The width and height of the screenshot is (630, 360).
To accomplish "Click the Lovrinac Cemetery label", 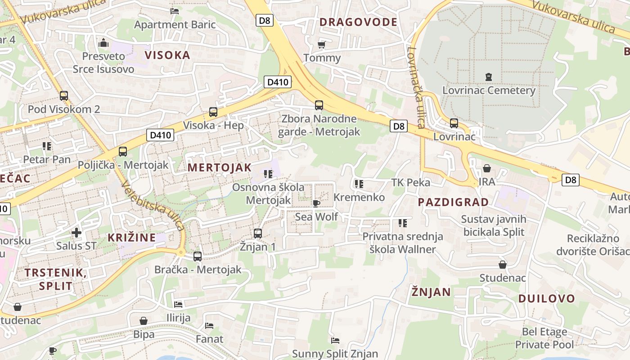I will (x=489, y=90).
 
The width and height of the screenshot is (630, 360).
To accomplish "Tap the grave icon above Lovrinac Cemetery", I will (x=489, y=77).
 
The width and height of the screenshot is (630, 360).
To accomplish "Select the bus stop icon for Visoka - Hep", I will (x=213, y=112).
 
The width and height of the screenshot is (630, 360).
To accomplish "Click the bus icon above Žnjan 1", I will (x=257, y=234).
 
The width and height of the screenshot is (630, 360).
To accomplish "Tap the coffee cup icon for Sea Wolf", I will (x=316, y=203).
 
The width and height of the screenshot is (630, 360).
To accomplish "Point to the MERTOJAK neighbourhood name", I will (x=220, y=167).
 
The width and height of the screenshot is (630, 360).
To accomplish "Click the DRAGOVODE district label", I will (x=358, y=22).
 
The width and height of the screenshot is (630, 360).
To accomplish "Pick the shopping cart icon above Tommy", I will (x=321, y=45).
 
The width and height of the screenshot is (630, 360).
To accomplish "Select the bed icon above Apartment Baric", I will (x=175, y=11).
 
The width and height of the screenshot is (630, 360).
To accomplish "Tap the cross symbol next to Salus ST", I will (x=76, y=233).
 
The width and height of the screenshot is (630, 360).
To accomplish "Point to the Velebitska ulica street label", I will (x=153, y=205).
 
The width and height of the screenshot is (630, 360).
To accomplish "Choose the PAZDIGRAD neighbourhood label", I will (x=453, y=202).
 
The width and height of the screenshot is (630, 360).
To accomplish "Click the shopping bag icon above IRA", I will (x=486, y=169).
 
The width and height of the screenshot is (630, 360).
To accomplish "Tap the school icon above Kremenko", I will (x=359, y=184).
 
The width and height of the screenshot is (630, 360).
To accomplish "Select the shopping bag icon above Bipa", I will (x=144, y=321).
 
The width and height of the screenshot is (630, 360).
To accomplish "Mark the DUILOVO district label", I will (x=546, y=298).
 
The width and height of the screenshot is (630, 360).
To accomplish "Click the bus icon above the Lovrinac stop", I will (x=454, y=123).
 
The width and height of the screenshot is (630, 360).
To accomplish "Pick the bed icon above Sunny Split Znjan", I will (x=335, y=340).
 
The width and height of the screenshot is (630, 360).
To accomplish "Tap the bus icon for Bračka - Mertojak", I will (x=198, y=256).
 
